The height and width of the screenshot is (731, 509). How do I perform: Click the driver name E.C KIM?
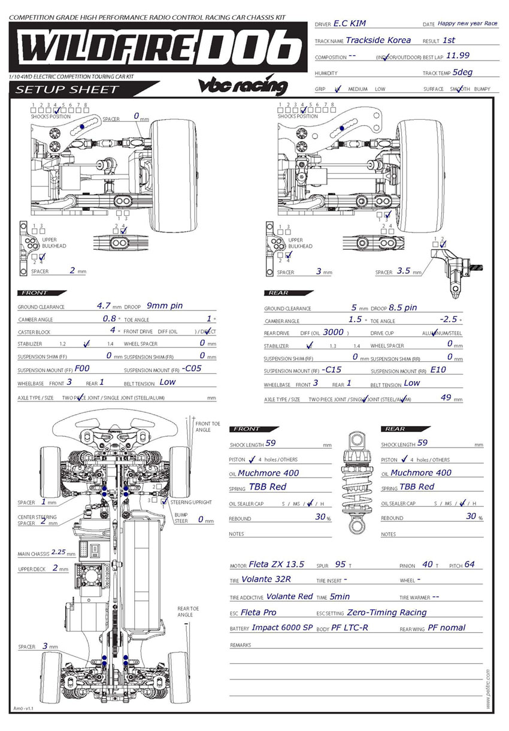coord(350,23)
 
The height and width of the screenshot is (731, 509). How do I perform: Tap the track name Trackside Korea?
coord(378,40)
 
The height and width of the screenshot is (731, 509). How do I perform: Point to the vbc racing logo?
coord(243,86)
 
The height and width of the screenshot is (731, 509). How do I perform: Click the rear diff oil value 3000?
coord(333,332)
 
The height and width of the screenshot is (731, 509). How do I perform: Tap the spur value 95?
coord(340,564)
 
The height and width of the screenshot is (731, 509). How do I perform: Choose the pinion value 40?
coord(428,564)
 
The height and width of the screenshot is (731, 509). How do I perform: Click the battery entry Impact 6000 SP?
coord(282,628)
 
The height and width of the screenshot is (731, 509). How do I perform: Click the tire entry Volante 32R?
coord(269,580)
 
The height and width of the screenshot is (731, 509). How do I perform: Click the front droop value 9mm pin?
coord(165,306)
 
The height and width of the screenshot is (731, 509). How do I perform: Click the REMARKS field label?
coord(240,646)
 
